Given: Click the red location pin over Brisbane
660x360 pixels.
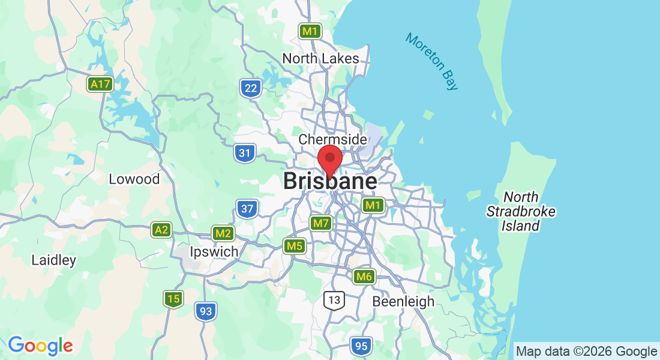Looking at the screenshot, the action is [x=329, y=158].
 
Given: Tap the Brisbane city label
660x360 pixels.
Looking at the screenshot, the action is [x=330, y=181].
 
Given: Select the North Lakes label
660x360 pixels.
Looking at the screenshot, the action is [x=320, y=59].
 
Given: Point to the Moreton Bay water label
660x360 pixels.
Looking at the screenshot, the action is [x=432, y=61].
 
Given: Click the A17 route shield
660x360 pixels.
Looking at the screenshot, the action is [x=100, y=84].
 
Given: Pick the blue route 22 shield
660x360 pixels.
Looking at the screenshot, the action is [x=251, y=89].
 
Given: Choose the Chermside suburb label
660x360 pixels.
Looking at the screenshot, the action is [x=332, y=139].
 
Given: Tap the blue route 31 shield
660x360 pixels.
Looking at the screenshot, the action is [x=244, y=153].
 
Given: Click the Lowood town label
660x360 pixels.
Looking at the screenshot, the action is [x=134, y=179].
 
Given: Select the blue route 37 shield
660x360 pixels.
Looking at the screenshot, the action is [x=247, y=209].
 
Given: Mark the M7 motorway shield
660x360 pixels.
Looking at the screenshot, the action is [x=321, y=224].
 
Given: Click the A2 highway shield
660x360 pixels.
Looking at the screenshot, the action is [x=161, y=230].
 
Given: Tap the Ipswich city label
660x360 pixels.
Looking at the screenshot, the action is [x=214, y=251].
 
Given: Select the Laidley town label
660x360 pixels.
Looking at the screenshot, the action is [x=54, y=260].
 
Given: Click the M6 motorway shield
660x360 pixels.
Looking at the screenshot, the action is [x=364, y=277].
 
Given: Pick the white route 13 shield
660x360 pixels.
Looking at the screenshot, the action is [x=334, y=299].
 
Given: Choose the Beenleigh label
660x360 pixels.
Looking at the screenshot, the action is [x=403, y=301].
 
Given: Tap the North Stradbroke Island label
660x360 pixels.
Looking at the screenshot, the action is [x=521, y=211].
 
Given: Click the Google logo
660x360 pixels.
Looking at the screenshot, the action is [x=40, y=346].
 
